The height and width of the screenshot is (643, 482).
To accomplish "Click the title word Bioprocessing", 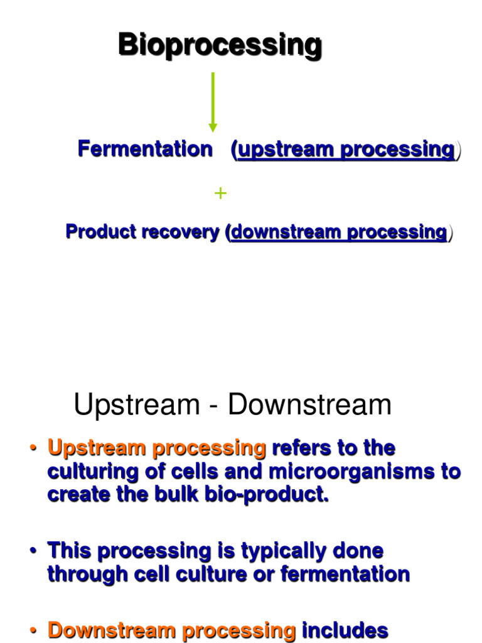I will coord(220,45).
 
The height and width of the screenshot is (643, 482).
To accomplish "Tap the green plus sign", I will coord(220,193).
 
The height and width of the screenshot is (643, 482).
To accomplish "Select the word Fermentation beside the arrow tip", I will coord(144,149).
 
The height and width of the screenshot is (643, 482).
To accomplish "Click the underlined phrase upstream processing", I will coord(346,150).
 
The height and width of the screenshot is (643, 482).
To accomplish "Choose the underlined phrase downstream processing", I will coord(339,232).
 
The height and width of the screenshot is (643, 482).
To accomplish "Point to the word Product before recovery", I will coord(101,232).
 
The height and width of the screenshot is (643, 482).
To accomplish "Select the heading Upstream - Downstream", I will coord(232,405).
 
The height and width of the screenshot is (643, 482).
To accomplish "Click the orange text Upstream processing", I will coord(157,448).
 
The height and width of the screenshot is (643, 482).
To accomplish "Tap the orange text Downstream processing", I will coord(172,630).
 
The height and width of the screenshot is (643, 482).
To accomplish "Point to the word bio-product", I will coord(272,494).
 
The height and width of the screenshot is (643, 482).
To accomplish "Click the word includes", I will coord(346,630).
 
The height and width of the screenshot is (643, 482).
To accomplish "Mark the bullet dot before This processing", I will coord(33,551).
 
